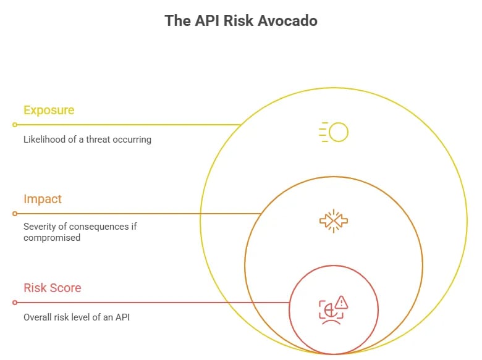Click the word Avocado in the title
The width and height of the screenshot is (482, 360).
point(287,20)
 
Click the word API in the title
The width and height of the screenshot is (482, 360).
point(208,20)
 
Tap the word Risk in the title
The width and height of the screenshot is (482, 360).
point(240,20)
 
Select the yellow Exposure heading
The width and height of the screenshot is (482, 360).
point(49,111)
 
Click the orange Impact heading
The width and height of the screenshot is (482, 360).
point(43,199)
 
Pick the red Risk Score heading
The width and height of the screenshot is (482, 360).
point(52,288)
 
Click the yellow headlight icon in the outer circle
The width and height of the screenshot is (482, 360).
point(334,132)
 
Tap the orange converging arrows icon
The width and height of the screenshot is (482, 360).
point(334,220)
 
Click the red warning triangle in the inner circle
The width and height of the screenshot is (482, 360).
point(342,302)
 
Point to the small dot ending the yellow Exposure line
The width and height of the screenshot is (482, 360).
point(15,125)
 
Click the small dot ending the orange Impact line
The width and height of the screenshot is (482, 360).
point(15,214)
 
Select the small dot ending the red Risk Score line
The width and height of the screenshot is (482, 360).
point(15,303)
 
